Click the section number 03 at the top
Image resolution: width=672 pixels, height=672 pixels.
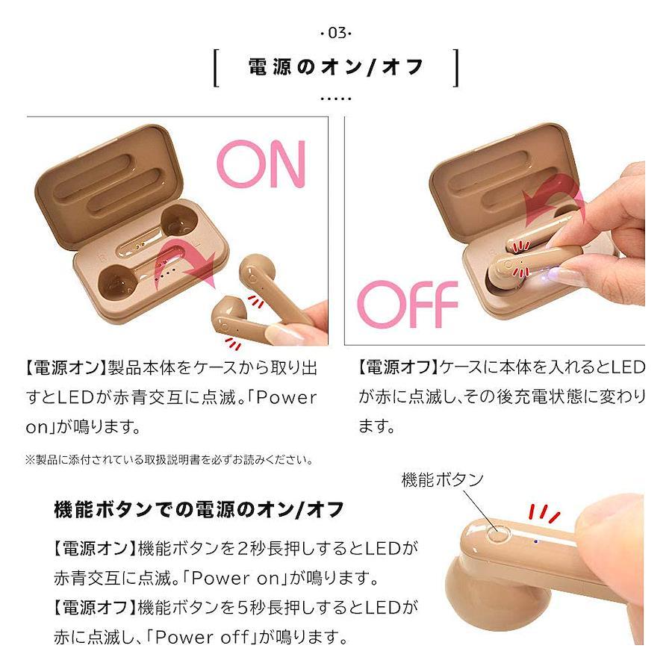pos(336,33)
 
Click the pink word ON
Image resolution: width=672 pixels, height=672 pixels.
pos(261,164)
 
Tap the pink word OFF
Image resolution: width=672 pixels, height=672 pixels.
pos(408,304)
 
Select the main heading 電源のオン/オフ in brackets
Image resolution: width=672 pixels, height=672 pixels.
pos(336,67)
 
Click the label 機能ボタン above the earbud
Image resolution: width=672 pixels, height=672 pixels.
pos(443,479)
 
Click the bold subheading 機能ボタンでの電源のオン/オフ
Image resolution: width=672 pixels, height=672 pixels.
pos(199,509)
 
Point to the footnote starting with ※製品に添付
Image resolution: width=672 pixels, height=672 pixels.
pos(169,460)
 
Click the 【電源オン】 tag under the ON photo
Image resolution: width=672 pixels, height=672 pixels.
pos(64,367)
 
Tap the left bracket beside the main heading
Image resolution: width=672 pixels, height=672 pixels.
pos(217,68)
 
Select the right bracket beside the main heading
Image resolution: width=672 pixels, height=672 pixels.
pos(455,68)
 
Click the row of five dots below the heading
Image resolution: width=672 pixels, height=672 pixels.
pos(336,99)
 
